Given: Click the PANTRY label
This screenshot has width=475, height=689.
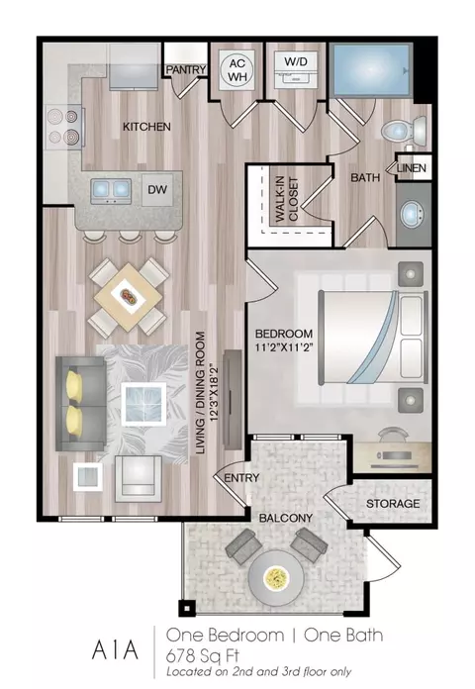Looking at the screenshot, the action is [186, 69].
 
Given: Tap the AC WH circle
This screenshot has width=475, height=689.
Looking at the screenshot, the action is [237, 70].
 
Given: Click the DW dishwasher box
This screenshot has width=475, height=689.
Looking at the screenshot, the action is [157, 190].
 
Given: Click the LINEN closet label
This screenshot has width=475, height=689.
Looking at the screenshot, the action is [412, 168].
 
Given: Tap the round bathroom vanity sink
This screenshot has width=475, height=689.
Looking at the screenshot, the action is [413, 215].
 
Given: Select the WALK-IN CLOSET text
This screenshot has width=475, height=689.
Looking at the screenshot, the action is [287, 199].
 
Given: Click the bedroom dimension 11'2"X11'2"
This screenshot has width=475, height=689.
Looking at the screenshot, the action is [284, 348].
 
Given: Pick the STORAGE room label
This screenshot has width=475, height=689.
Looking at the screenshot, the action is [393, 504].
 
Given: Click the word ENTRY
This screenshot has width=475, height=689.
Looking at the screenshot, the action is [241, 478].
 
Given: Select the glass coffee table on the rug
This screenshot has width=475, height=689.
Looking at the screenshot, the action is [143, 404].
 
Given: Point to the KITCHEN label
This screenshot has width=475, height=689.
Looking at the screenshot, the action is [146, 127].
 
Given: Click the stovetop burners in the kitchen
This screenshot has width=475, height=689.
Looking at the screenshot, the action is [63, 127].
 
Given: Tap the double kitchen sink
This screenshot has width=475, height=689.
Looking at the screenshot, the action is [111, 191].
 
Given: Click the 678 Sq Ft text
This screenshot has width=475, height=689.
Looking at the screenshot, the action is [203, 656].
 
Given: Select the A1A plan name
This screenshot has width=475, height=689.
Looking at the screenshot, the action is [115, 649].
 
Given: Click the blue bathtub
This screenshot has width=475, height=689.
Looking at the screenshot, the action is [371, 70].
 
